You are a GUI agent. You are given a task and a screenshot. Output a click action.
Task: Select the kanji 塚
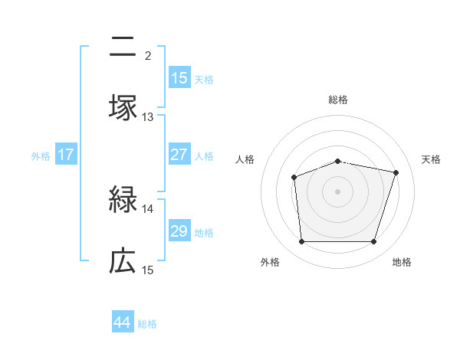tap(123, 106)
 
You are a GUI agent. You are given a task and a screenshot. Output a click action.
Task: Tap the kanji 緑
tap(123, 201)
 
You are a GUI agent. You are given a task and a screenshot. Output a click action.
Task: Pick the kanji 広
tap(123, 261)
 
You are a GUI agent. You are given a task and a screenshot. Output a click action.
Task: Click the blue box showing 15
tap(179, 78)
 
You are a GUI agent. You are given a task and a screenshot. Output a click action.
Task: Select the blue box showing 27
tap(179, 155)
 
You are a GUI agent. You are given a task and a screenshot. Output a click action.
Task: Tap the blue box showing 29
tap(179, 231)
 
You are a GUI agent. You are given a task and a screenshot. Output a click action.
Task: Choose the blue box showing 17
tap(66, 155)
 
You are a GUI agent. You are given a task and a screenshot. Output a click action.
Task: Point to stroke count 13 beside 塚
tap(148, 117)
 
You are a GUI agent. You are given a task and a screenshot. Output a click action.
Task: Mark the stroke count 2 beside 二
tap(148, 55)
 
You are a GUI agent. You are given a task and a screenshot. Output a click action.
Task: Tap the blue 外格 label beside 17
tap(41, 155)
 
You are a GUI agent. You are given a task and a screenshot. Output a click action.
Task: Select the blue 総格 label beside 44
tap(147, 324)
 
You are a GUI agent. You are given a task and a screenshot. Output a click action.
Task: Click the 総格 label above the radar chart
tap(337, 100)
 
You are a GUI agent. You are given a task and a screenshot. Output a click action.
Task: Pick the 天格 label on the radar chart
tap(432, 159)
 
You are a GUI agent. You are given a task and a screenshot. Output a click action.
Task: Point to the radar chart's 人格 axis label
tap(245, 159)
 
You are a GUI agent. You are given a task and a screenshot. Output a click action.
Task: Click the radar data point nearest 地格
tap(373, 242)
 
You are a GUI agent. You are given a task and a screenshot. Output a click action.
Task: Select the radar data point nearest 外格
tap(301, 242)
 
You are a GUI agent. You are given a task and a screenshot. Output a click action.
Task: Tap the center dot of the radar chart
tap(337, 191)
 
